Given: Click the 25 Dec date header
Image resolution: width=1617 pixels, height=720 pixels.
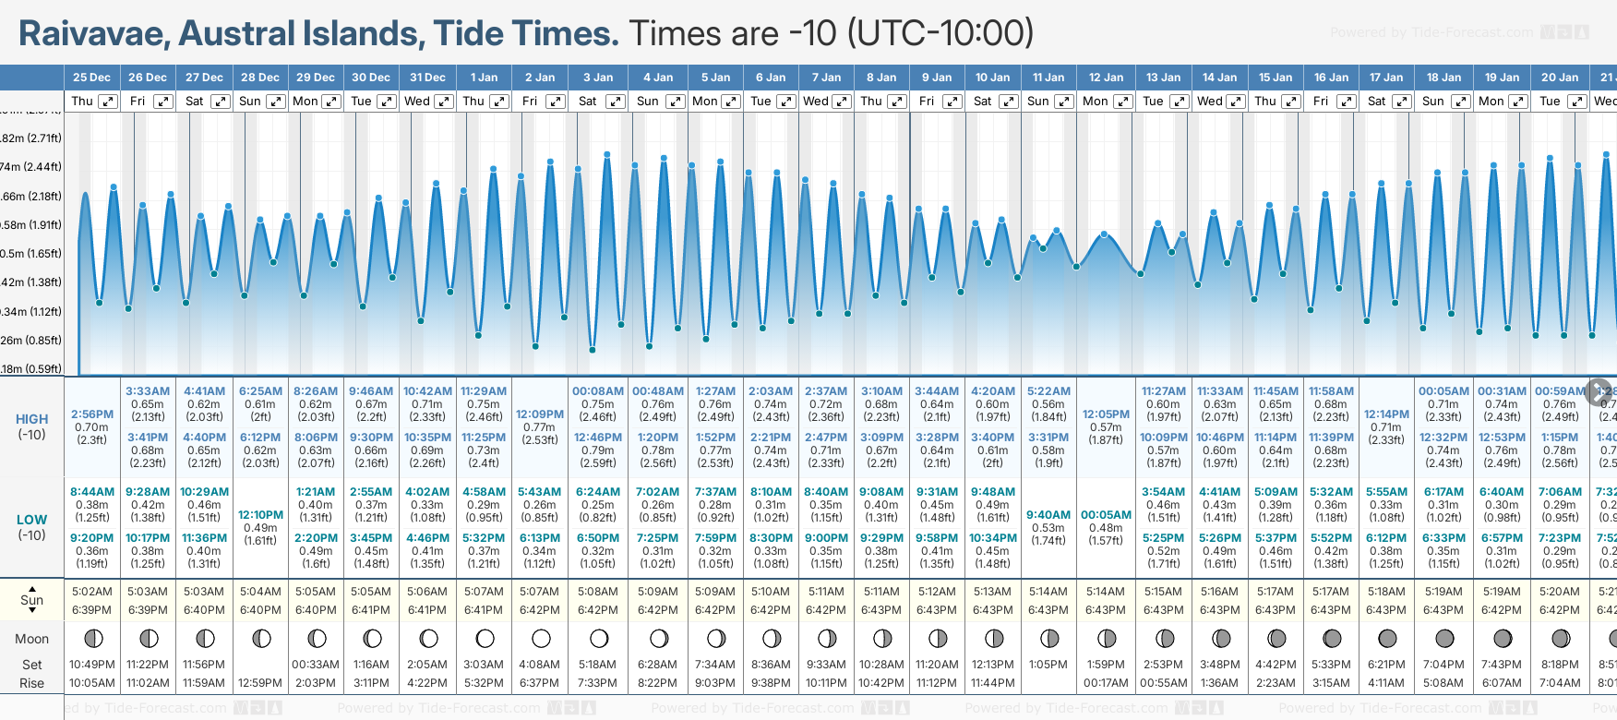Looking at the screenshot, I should click(91, 78).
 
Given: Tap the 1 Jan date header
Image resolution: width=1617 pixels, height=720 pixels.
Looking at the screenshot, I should click(484, 78).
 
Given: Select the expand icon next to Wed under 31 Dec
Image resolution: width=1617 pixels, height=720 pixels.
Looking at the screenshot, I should click(444, 102).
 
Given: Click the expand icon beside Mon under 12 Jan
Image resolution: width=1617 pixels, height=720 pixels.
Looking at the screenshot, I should click(1123, 102).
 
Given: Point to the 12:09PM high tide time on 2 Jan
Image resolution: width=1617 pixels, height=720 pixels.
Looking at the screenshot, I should click(540, 414).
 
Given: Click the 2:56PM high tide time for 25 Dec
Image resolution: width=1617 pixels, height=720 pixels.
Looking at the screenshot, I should click(91, 414).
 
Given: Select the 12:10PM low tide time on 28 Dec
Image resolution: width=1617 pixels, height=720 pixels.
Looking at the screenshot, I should click(260, 515).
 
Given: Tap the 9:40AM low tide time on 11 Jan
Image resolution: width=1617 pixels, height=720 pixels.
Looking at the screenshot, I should click(1048, 515).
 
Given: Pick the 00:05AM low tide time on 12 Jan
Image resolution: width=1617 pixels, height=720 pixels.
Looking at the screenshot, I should click(1106, 515).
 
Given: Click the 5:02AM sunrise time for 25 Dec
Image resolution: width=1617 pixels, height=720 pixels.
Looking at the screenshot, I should click(91, 592).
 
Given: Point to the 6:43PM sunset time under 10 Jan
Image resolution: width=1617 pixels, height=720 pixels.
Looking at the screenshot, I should click(992, 610).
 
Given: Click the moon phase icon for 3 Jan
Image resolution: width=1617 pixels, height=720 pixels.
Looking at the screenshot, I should click(598, 639).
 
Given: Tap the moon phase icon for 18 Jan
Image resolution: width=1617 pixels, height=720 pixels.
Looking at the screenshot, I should click(1443, 639).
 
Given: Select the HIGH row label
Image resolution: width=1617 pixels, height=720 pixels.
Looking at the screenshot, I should click(31, 419).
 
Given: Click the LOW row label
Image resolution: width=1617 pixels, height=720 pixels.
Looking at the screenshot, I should click(31, 520).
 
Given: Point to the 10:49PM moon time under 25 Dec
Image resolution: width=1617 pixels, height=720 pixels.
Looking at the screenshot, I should click(91, 665).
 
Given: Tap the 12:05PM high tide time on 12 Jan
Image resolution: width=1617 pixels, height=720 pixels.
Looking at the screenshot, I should click(1106, 414).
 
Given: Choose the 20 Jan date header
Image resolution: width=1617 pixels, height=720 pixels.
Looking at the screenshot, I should click(1560, 78).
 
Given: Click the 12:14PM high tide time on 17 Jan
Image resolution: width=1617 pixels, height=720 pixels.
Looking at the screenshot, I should click(1386, 414).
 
